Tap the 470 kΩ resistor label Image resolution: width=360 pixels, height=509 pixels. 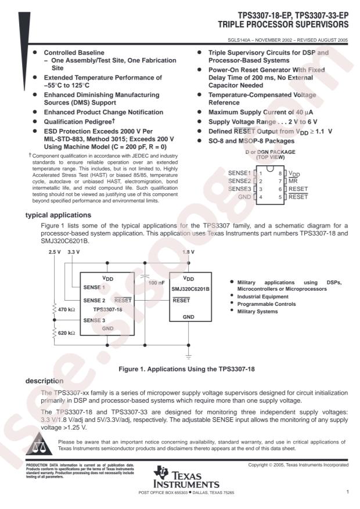(x=64, y=310)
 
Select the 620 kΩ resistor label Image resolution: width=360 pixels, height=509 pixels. (x=64, y=333)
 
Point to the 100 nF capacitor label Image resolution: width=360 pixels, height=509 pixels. (x=155, y=283)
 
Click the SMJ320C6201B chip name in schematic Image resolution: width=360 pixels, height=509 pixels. (x=188, y=288)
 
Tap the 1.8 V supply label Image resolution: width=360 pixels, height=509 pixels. (x=189, y=252)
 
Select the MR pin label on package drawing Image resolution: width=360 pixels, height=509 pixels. (x=294, y=181)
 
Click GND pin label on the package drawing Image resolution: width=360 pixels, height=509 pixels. (x=244, y=197)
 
